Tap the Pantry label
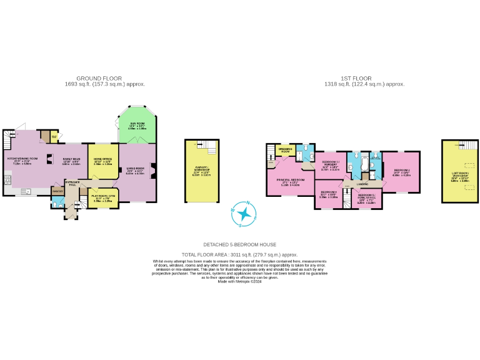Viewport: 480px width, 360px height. (57, 191)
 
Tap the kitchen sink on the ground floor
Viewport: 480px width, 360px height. (28, 191)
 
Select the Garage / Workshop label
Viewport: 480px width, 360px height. (201, 173)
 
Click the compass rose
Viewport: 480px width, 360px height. (244, 213)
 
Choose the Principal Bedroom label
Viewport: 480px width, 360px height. (289, 181)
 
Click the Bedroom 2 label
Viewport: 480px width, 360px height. (401, 172)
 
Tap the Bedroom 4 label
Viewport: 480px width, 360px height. (328, 194)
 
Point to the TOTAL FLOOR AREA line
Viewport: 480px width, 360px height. (239, 255)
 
